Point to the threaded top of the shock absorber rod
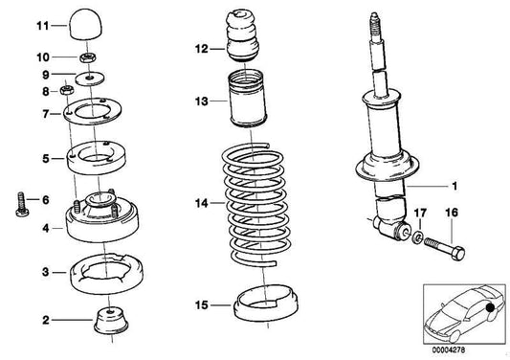(x=372, y=28)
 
